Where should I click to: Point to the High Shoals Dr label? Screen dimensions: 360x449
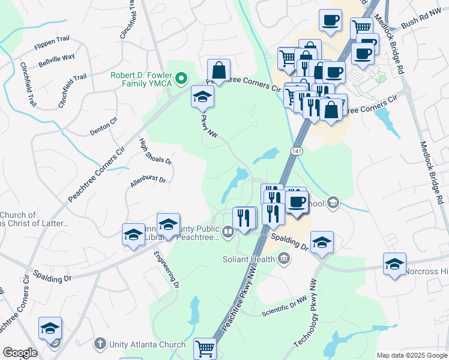point(155,152)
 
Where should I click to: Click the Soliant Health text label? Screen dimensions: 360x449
point(249,259)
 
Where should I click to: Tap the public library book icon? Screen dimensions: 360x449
point(228,232)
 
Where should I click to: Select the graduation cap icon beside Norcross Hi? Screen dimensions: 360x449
point(394,263)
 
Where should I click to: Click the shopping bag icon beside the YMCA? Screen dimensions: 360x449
point(218,70)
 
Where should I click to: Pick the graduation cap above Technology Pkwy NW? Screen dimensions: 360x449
point(322,242)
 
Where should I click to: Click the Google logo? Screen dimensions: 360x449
point(20,353)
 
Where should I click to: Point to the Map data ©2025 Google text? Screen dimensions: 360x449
point(412,355)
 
